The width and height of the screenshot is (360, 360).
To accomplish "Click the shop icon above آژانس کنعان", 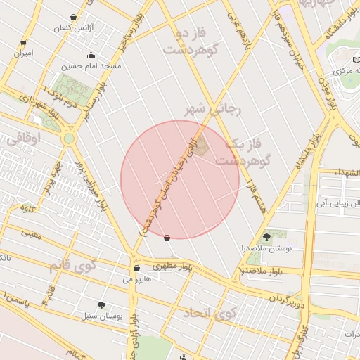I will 74,18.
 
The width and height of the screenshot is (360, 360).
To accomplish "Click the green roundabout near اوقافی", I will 69,139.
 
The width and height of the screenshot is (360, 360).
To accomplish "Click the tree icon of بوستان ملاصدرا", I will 266,237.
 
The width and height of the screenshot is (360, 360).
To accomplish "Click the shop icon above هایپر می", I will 136,269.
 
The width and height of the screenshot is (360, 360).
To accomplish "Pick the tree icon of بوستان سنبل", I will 102,304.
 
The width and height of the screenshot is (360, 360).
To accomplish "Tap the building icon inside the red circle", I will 202,146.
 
